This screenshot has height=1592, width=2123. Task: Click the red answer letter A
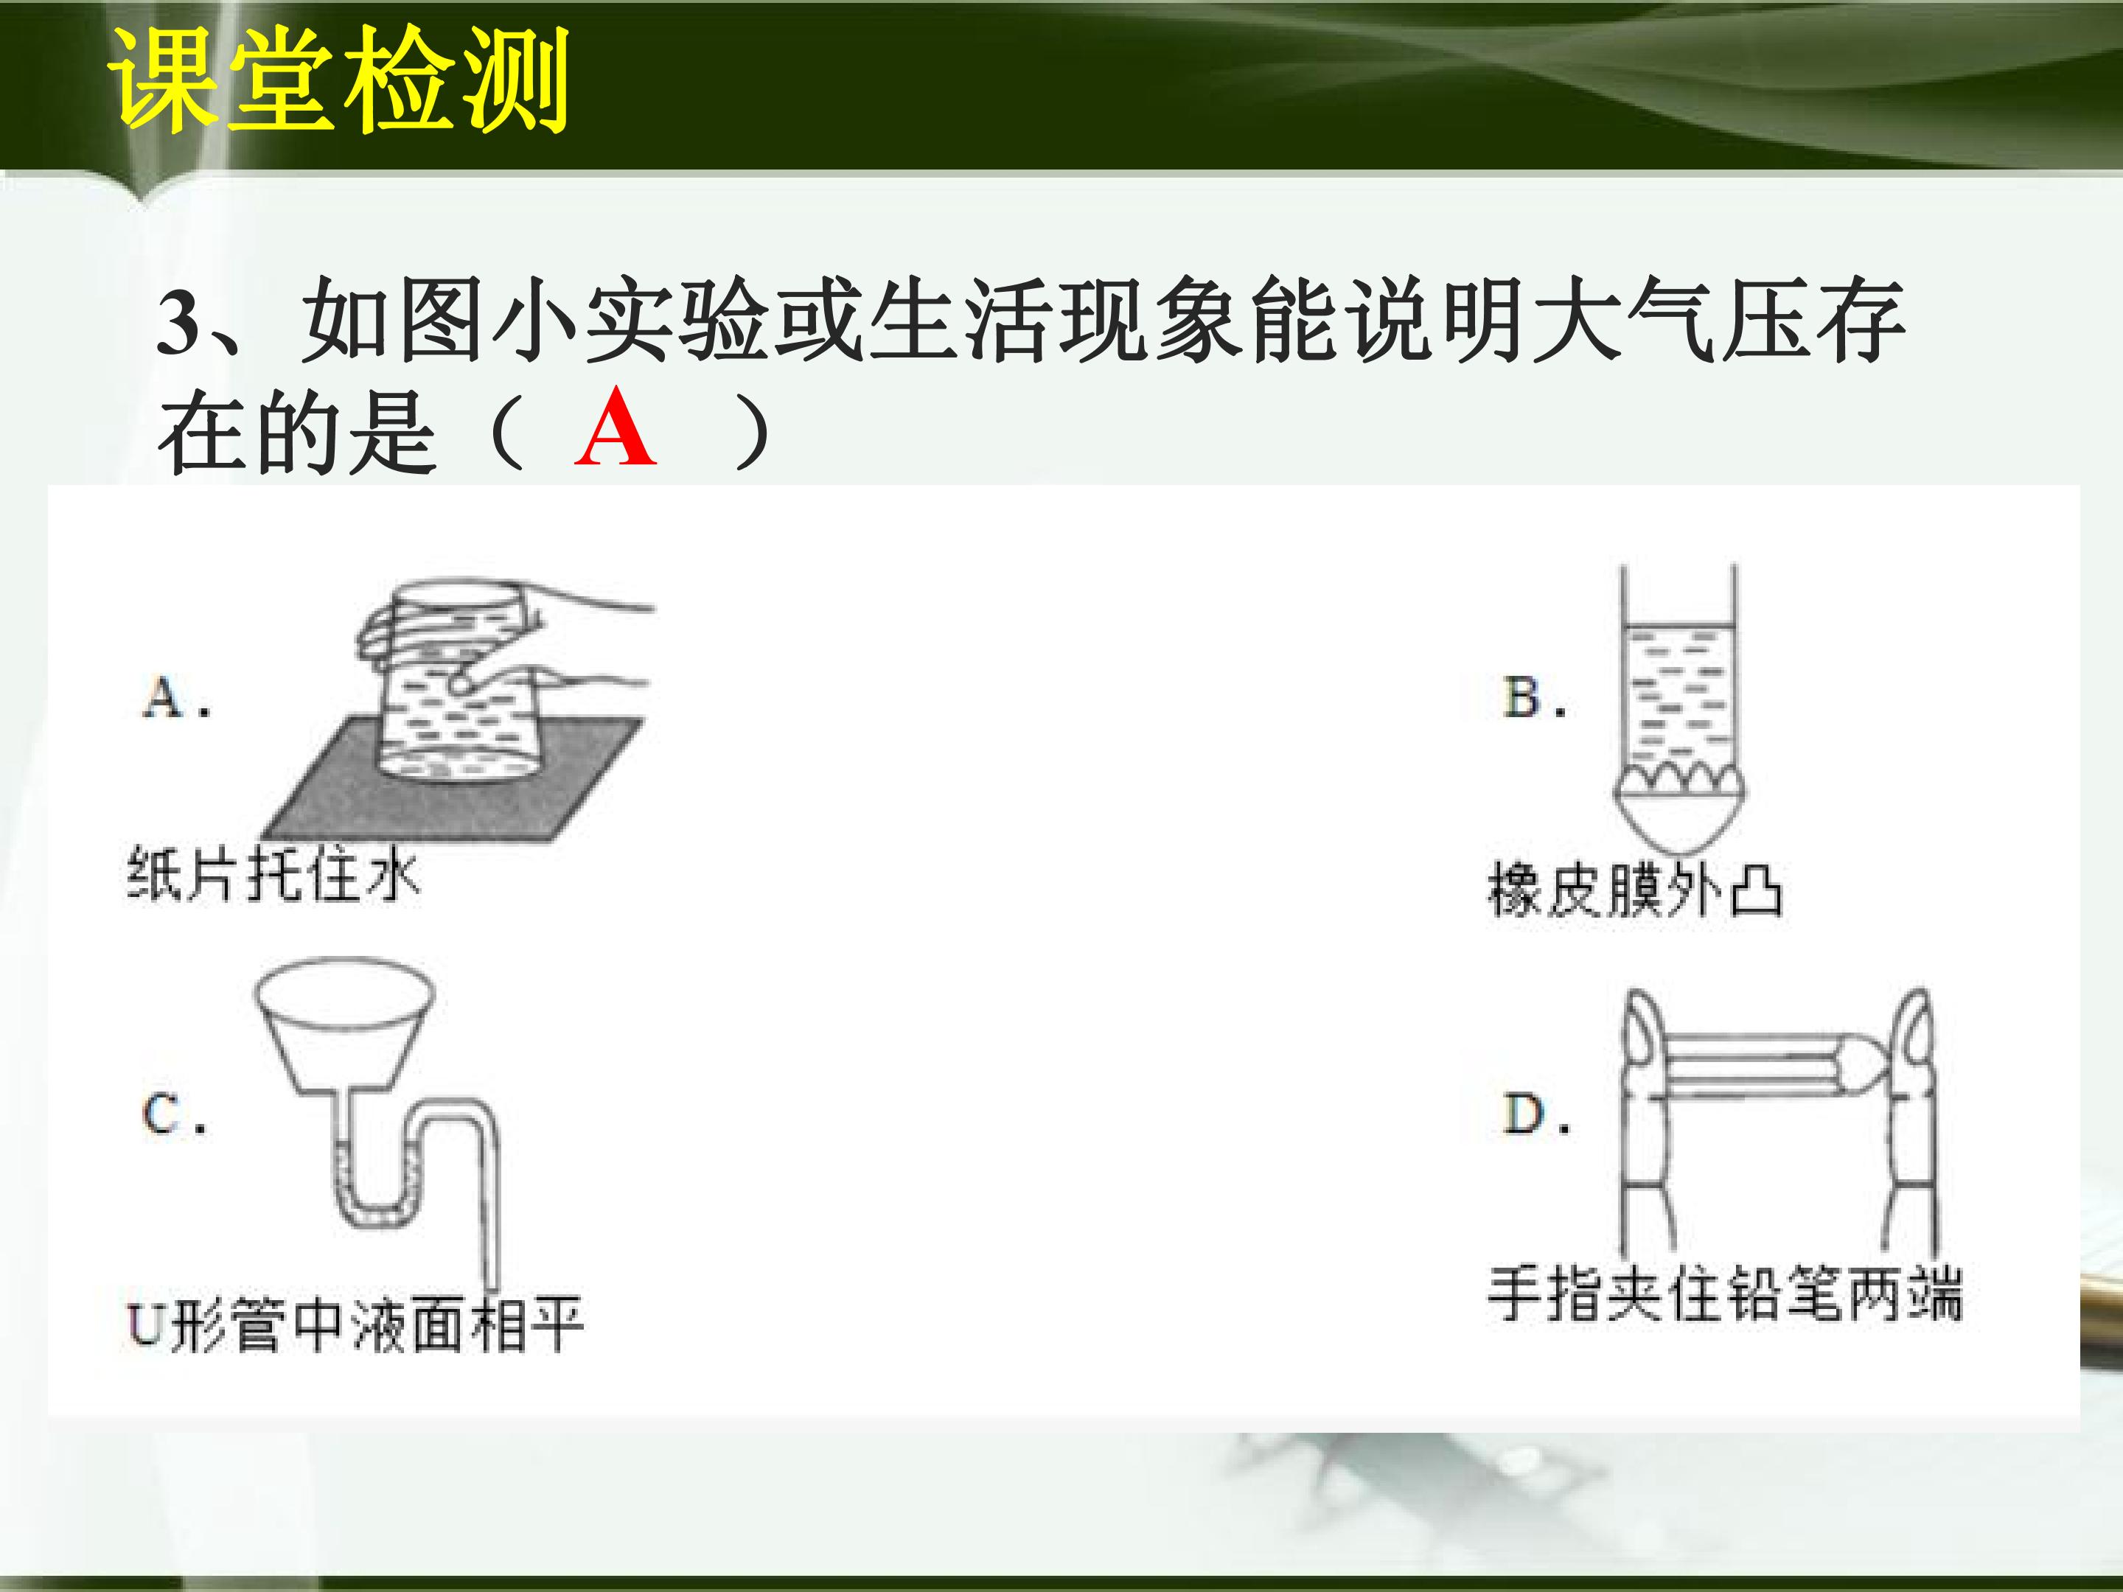(x=616, y=429)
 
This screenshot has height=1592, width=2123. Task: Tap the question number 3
(x=178, y=324)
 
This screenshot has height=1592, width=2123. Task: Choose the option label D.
(x=1535, y=1114)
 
